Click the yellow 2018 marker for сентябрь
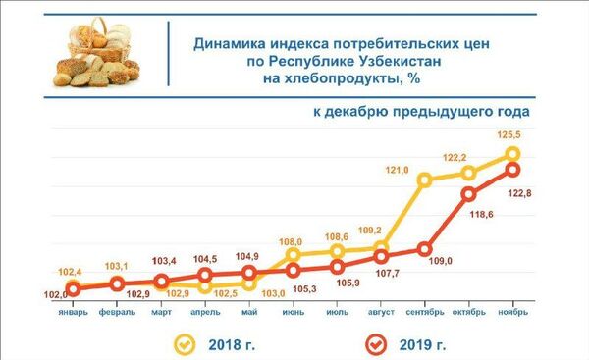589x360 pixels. tap(425, 180)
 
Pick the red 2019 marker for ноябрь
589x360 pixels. tap(512, 170)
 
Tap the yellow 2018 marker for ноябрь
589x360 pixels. tap(512, 154)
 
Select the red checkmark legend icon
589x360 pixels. tap(371, 344)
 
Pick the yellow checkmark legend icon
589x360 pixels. tap(184, 344)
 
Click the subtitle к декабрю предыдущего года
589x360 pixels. tap(422, 113)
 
